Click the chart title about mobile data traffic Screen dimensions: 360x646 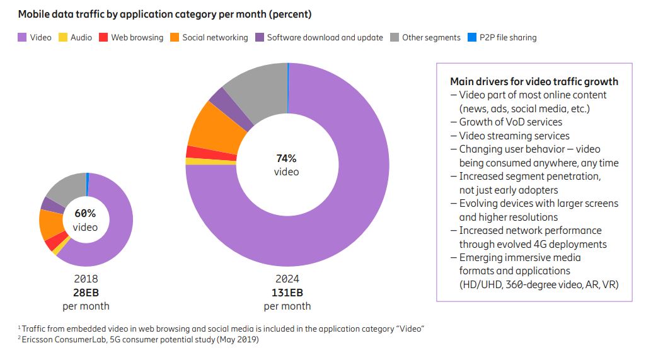click(164, 13)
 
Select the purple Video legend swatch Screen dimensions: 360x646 click(21, 38)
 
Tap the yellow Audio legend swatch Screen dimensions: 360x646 click(62, 38)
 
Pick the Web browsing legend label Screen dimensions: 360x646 click(137, 38)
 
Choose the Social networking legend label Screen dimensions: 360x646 click(215, 38)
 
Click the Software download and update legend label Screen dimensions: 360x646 click(325, 38)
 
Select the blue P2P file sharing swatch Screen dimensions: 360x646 click(472, 38)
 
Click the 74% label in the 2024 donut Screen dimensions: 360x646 click(286, 158)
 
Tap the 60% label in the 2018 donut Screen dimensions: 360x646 click(85, 213)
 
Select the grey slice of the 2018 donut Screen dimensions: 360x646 click(67, 186)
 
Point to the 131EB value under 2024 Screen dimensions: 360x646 click(287, 293)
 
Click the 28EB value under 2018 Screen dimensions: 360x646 click(86, 292)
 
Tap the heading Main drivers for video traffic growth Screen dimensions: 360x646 click(534, 81)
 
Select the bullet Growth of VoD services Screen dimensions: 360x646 click(510, 122)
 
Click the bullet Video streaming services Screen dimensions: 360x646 click(514, 136)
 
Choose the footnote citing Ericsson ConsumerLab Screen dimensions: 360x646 click(139, 340)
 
